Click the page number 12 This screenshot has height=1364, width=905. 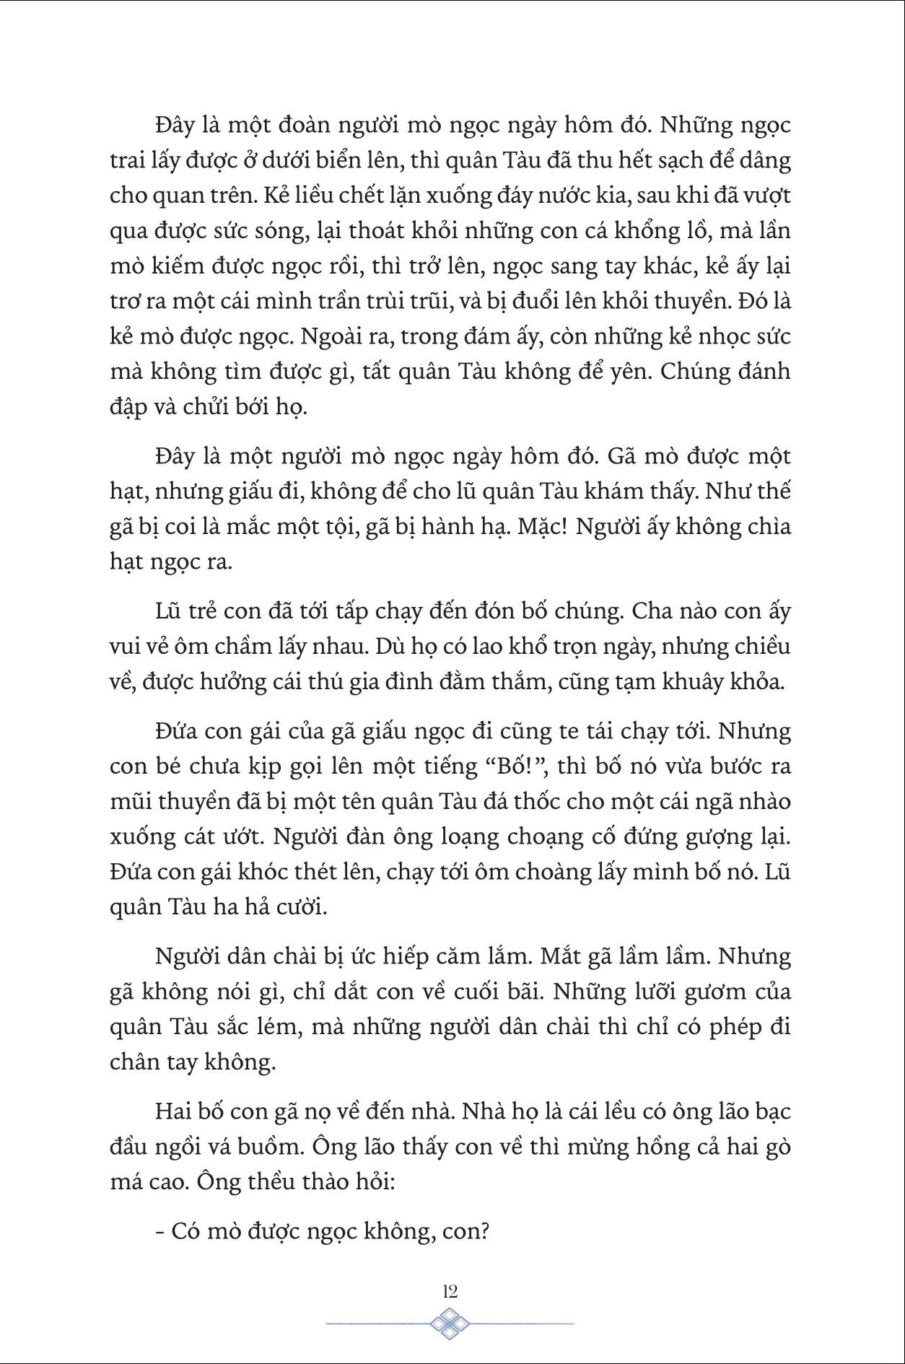point(450,1290)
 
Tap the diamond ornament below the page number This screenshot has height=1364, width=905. point(450,1324)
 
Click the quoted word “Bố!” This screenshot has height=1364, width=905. point(515,766)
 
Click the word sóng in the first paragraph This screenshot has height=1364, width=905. point(308,231)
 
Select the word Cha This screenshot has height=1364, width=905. point(655,611)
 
